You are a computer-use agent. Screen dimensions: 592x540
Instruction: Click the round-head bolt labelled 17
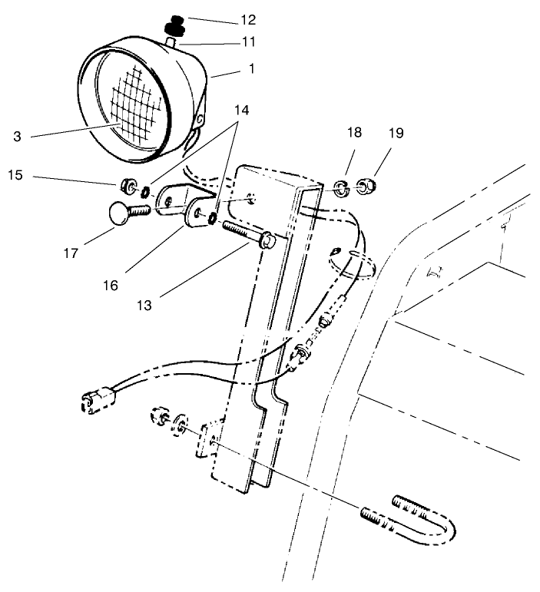(x=123, y=213)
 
